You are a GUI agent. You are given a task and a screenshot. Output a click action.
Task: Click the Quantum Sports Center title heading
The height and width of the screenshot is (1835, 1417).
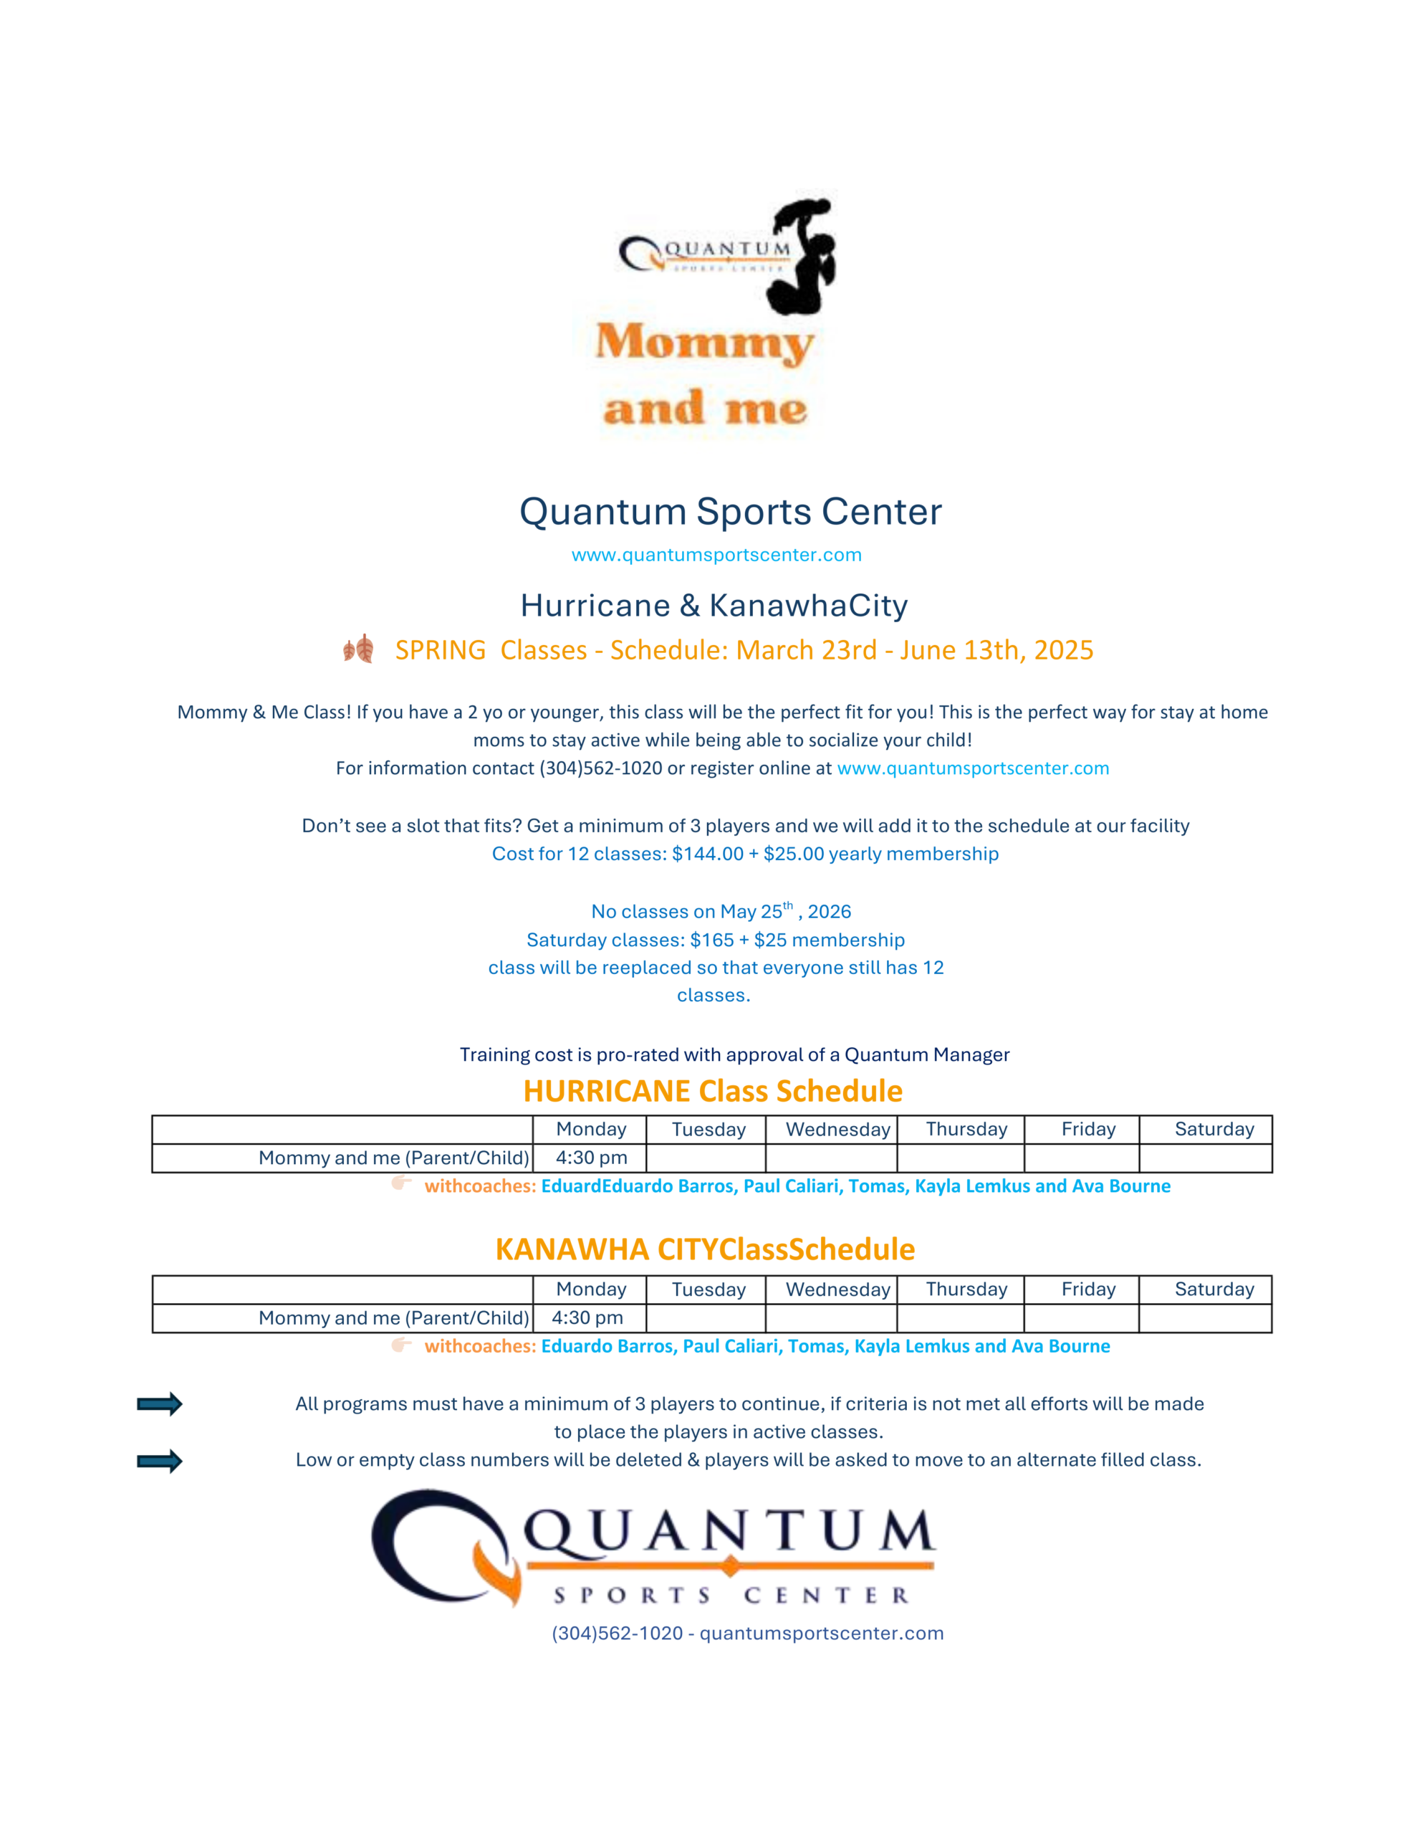[x=730, y=512]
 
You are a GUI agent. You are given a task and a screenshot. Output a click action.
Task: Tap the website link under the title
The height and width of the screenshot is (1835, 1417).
[x=716, y=555]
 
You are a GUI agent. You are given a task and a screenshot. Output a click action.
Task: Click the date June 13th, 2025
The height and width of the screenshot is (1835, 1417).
[x=996, y=650]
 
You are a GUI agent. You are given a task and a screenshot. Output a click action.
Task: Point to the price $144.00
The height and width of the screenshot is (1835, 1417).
[x=707, y=854]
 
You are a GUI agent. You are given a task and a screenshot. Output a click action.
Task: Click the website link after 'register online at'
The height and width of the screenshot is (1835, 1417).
[x=973, y=768]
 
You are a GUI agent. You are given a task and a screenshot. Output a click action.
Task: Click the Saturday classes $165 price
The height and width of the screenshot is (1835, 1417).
[x=711, y=940]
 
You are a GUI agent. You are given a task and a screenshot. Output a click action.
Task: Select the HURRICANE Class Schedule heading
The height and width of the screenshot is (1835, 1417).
[x=712, y=1090]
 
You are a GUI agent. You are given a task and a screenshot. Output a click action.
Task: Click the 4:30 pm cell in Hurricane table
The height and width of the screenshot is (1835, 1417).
[x=591, y=1158]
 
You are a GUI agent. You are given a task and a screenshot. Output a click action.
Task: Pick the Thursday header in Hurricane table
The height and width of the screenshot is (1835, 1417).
[x=966, y=1129]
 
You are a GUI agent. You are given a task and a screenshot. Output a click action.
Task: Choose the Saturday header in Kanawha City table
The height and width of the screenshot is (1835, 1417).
[x=1214, y=1290]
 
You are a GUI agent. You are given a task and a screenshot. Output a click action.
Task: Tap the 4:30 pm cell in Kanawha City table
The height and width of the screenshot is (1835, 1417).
[x=587, y=1318]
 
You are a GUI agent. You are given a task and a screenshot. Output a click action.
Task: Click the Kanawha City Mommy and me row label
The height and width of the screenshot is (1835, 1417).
[x=393, y=1318]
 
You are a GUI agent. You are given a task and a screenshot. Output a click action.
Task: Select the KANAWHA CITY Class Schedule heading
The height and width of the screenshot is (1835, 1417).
[x=705, y=1249]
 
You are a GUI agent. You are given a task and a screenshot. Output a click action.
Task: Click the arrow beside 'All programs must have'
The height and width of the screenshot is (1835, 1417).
[x=160, y=1404]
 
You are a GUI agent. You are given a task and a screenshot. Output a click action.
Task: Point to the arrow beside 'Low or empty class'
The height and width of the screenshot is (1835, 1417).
[x=160, y=1461]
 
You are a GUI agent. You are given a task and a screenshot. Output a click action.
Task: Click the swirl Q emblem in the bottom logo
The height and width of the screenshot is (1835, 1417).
[x=445, y=1547]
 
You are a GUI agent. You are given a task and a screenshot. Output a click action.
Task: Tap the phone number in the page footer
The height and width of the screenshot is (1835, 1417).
[x=617, y=1634]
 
